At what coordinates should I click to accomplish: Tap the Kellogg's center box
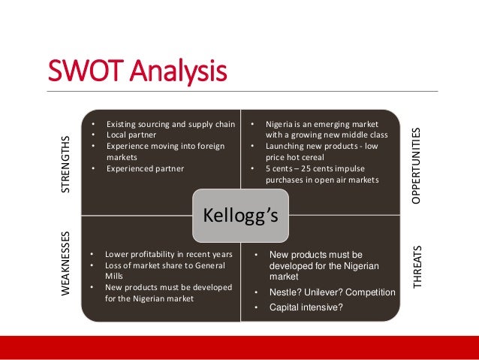pos(240,216)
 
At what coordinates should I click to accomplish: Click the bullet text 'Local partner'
pos(131,135)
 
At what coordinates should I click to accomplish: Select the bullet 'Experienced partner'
pos(145,168)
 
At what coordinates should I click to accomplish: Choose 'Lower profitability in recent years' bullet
pos(168,254)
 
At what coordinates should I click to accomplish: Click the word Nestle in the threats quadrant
pos(283,292)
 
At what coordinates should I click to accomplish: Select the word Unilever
pos(324,292)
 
